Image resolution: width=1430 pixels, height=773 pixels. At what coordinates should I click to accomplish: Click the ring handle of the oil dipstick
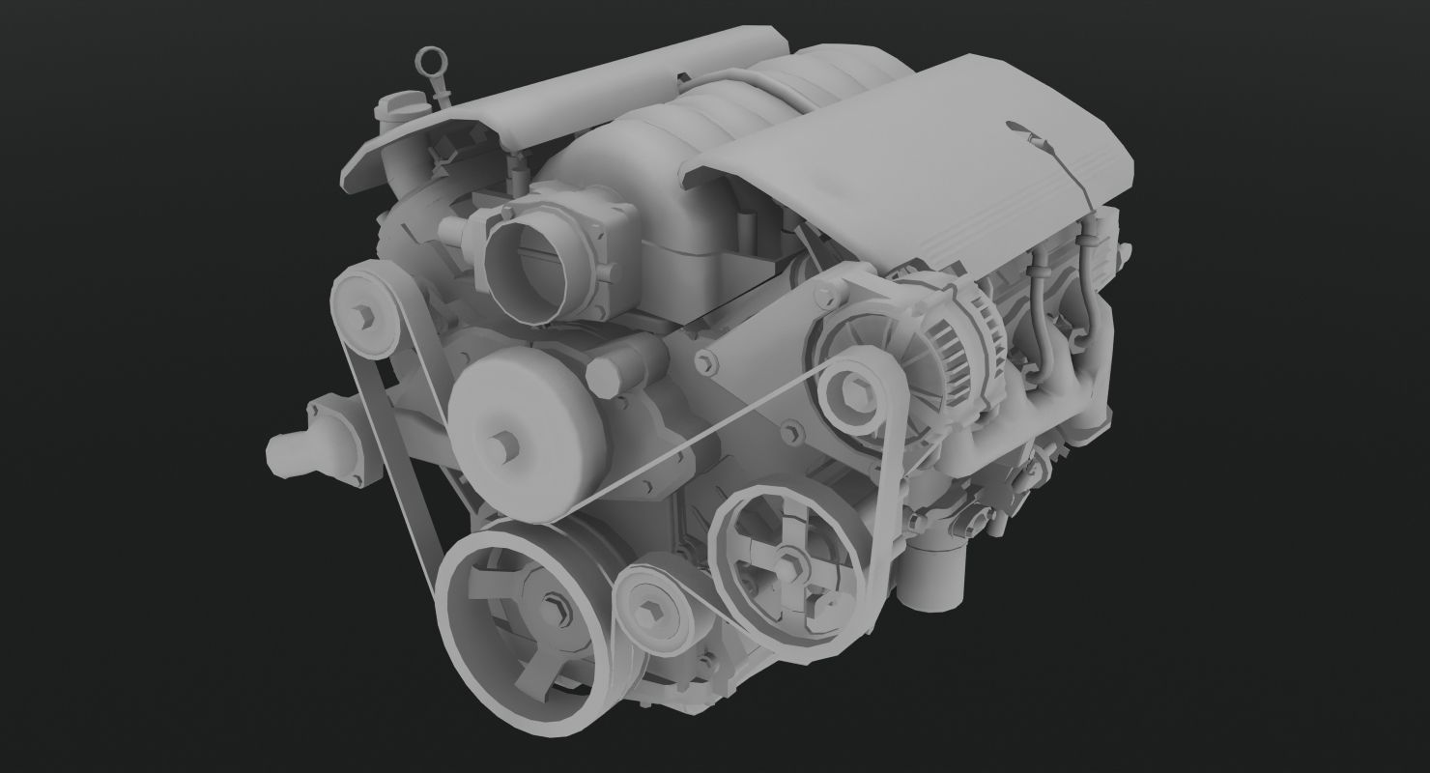click(x=426, y=62)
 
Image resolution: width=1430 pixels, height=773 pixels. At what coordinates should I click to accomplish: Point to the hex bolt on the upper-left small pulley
click(x=365, y=314)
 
